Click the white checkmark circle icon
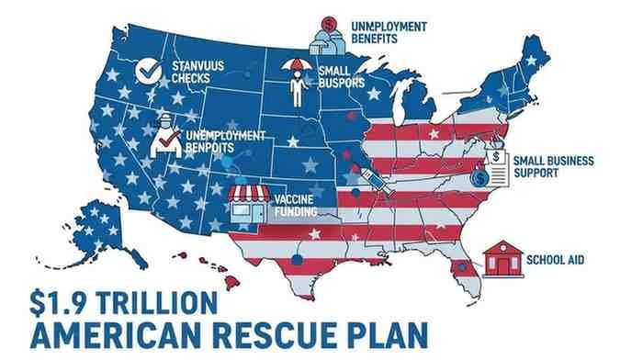click(146, 70)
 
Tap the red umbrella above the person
click(297, 66)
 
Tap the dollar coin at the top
click(328, 23)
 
